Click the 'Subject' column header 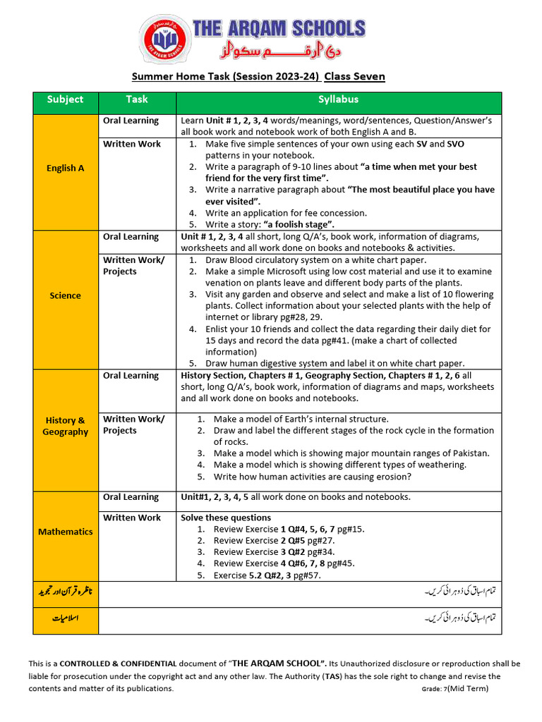(65, 100)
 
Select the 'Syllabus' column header (338, 100)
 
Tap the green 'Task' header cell (136, 100)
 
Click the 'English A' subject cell (65, 168)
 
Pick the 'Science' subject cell (65, 295)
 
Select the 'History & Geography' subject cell (65, 426)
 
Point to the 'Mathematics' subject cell (65, 532)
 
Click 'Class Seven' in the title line (354, 76)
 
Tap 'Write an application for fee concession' (286, 213)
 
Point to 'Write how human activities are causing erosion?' (313, 477)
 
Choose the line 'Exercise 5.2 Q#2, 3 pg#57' (267, 575)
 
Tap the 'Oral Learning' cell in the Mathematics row (131, 497)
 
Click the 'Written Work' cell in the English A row (132, 144)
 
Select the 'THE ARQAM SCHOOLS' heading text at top (279, 29)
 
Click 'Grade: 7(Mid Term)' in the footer (455, 688)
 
